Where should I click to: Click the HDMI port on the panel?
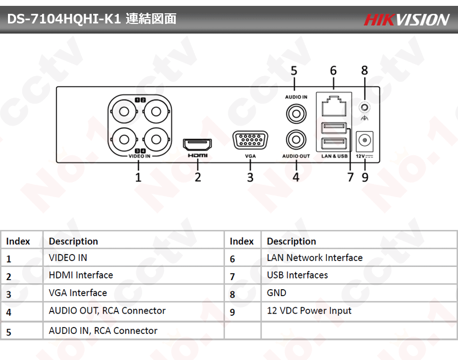(x=197, y=144)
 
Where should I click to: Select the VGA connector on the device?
(x=250, y=141)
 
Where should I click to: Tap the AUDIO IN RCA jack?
(x=296, y=113)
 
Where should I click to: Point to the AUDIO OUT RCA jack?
(x=296, y=140)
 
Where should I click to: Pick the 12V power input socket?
(x=365, y=141)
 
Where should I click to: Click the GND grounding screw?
(x=365, y=107)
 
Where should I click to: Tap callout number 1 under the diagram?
(x=138, y=177)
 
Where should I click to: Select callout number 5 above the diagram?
(x=294, y=71)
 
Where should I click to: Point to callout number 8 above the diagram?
(x=365, y=70)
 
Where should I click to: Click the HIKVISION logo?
(x=407, y=20)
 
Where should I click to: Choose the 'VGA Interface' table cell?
(x=78, y=293)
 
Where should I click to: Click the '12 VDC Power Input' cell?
(x=309, y=310)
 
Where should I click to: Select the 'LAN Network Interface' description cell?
(x=314, y=258)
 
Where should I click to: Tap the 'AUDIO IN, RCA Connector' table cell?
(x=103, y=331)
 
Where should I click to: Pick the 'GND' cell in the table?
(x=276, y=293)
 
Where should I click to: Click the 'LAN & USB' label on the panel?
(x=334, y=156)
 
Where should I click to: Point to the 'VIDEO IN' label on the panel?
(x=140, y=157)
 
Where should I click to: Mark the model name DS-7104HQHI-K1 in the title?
(x=64, y=20)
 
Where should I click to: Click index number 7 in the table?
(x=233, y=277)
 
